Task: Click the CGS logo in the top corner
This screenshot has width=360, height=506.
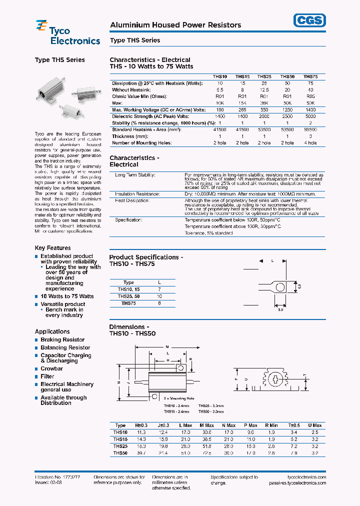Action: coord(309,20)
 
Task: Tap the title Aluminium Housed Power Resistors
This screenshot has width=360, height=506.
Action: coord(175,25)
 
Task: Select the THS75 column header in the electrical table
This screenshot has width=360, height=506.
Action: coord(310,76)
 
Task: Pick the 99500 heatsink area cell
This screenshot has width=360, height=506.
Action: coord(310,129)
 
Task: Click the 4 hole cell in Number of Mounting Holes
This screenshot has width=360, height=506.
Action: coord(310,143)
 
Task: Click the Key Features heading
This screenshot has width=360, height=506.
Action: coord(52,248)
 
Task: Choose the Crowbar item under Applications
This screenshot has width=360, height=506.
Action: coord(52,368)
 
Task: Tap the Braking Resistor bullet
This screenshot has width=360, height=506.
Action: coord(62,340)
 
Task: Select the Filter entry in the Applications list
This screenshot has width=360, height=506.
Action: coord(47,376)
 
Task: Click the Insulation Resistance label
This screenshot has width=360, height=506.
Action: coord(137,193)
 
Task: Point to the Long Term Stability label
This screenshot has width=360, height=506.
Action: coord(135,175)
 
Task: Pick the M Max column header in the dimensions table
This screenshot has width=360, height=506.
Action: coord(205,425)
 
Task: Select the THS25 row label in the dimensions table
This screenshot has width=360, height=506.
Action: coord(120,446)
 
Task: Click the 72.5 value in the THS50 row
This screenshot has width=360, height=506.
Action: coord(205,453)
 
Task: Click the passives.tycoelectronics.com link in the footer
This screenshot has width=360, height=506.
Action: coord(297,483)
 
